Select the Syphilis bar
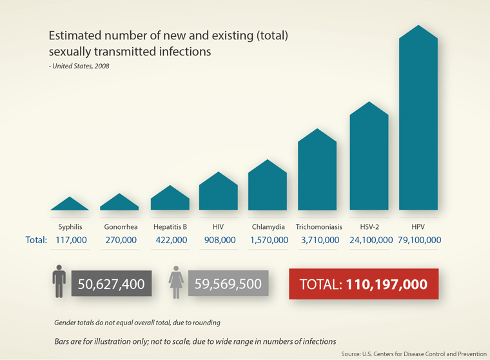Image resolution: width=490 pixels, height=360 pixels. pos(70,205)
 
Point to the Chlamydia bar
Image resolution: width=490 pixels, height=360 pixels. pos(268,187)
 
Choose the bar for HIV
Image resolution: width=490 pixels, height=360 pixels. pos(219,193)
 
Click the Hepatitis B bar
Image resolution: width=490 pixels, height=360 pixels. pos(170,199)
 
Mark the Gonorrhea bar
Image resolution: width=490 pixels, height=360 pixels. pos(119,203)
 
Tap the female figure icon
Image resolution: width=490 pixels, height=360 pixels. pos(176,283)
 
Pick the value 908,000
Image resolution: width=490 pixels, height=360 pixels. pos(219,240)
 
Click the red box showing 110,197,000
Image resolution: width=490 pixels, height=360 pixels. pos(364,284)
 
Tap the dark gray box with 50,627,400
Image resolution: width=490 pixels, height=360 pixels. pos(112,284)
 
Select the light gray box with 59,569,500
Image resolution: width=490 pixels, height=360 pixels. pos(228,284)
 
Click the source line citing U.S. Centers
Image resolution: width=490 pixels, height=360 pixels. pos(413,354)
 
